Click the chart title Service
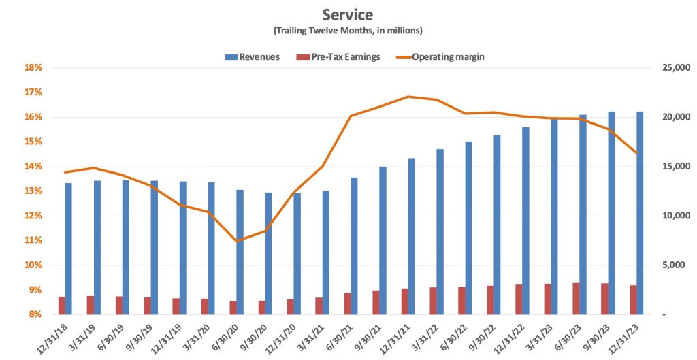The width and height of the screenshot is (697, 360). coord(348,14)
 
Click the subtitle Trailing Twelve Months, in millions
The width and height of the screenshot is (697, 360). coord(348,31)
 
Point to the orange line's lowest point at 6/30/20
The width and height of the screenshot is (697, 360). coord(236,241)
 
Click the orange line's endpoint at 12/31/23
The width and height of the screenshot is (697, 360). coord(637,153)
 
